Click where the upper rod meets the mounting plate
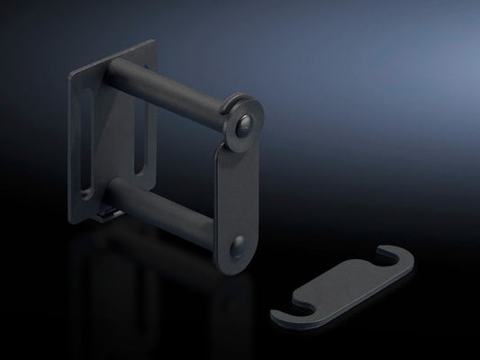pos(113,73)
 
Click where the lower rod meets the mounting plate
pos(113,190)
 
